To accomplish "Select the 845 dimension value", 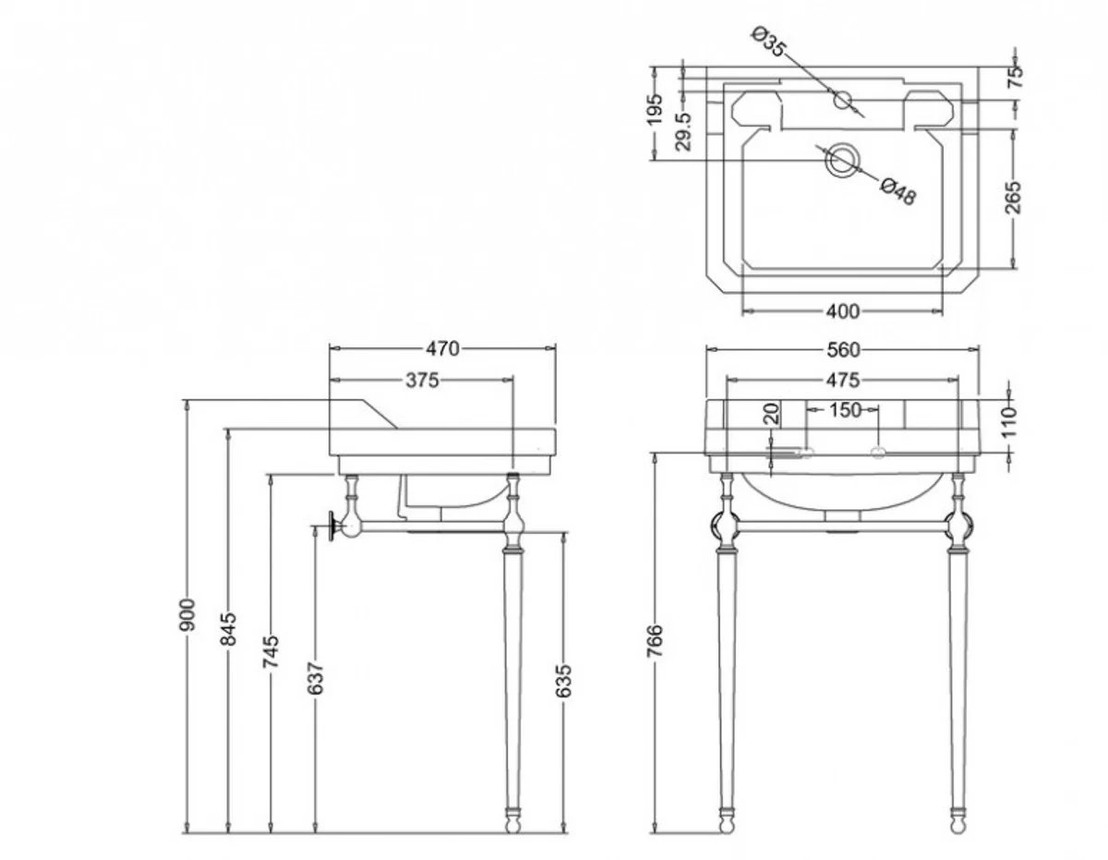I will [230, 629].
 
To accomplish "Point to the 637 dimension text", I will [315, 679].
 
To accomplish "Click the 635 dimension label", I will [565, 680].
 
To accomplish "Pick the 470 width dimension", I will [442, 348].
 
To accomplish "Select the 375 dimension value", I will [421, 379].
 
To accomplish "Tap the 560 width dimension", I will [842, 349].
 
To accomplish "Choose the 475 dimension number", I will [842, 379].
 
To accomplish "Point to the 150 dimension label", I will [842, 409].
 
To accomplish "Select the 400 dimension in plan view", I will [842, 311].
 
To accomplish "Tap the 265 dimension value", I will [1013, 198].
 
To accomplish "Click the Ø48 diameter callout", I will [898, 192].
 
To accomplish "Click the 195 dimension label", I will [655, 110].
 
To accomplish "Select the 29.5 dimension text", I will [684, 132].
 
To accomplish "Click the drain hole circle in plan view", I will [840, 160].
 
